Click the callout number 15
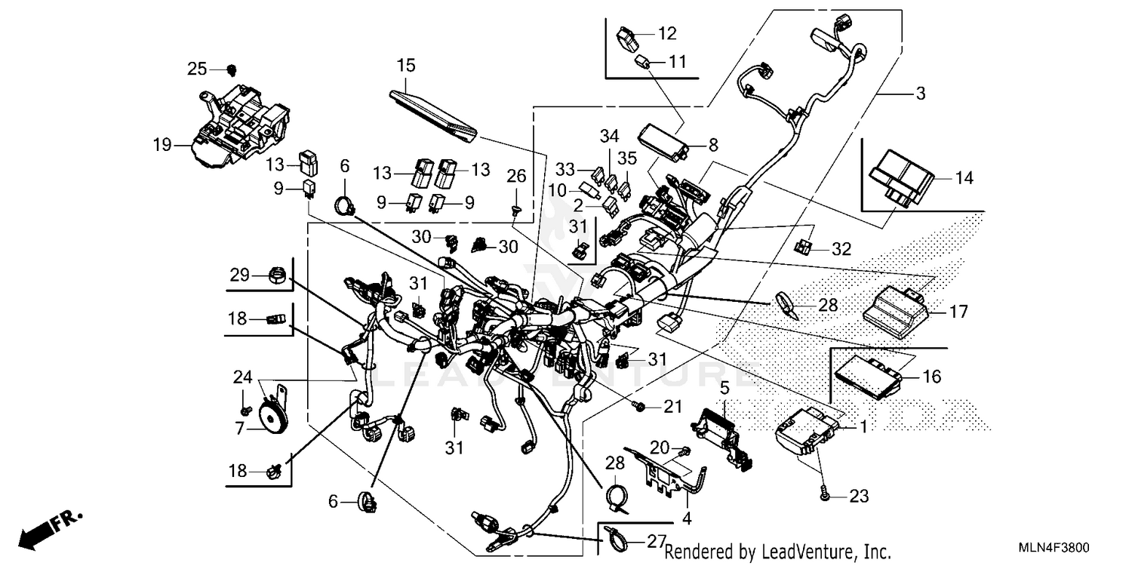(x=406, y=66)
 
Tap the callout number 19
(x=161, y=144)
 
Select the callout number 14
(x=963, y=179)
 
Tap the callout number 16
(x=932, y=377)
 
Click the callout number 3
(x=920, y=94)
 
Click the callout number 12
(x=667, y=33)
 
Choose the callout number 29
(x=240, y=275)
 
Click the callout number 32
(x=841, y=248)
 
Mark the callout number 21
(x=672, y=408)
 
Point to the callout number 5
(x=724, y=389)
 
